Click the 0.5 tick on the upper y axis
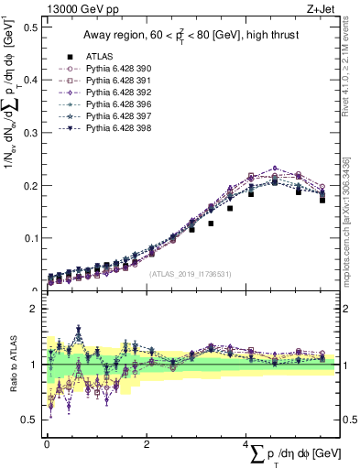pos(32,27)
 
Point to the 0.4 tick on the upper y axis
pos(32,80)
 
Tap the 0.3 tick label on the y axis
pos(32,133)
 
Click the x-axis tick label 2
pos(147,444)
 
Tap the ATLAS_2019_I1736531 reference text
pos(191,273)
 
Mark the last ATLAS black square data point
pos(322,200)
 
